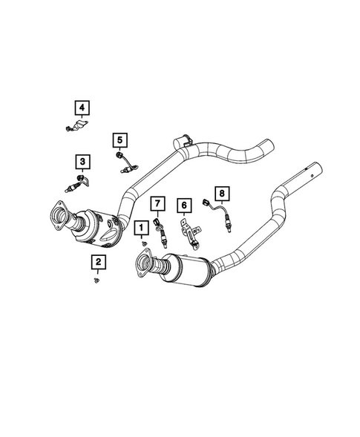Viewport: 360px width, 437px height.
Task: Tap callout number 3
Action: click(x=81, y=161)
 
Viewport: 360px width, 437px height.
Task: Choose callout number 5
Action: click(x=120, y=139)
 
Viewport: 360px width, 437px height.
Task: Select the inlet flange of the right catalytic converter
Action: click(x=143, y=263)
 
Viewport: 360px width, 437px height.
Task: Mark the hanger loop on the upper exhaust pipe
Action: click(x=181, y=140)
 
